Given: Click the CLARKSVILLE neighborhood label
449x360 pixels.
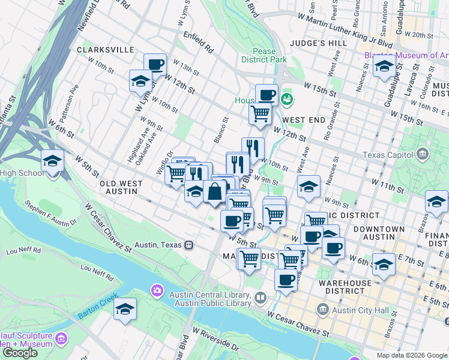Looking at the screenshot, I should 105,50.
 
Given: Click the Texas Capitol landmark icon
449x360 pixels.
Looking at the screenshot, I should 423,155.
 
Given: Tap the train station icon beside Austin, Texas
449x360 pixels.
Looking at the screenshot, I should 188,245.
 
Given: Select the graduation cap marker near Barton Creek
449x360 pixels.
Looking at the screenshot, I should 125,309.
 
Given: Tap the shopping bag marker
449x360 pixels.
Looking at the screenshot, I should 214,192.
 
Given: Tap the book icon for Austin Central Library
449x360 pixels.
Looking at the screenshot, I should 261,297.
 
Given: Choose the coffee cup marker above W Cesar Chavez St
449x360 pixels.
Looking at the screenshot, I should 286,280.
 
